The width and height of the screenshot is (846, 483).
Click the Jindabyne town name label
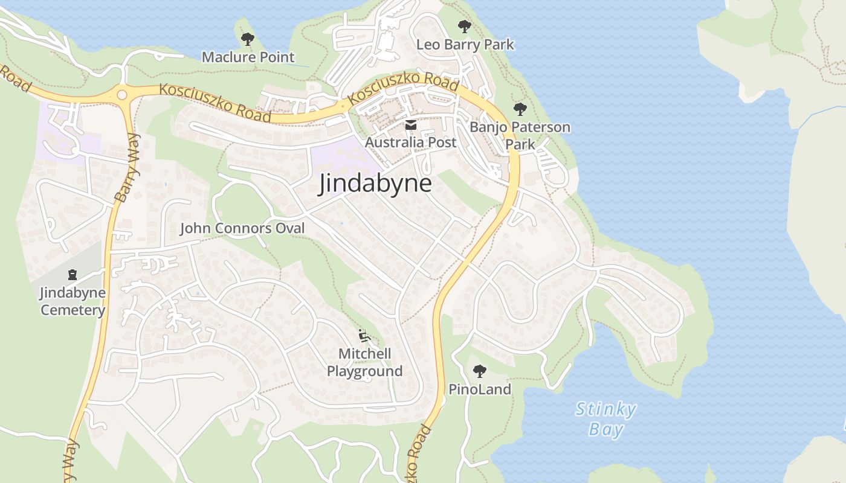[x=375, y=184]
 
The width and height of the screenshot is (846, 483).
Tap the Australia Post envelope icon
[x=411, y=125]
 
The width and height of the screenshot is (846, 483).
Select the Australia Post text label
[x=411, y=142]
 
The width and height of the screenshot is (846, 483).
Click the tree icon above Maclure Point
[x=247, y=40]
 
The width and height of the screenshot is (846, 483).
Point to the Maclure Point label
[x=248, y=57]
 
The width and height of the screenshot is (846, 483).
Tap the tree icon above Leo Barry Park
[x=464, y=27]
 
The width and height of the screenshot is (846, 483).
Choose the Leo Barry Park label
[x=465, y=45]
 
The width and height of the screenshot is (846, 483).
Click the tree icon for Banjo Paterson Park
[x=520, y=109]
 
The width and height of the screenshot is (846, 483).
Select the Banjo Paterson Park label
[x=520, y=136]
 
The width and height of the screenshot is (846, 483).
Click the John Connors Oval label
[x=242, y=228]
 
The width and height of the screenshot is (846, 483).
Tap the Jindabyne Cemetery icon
[x=73, y=275]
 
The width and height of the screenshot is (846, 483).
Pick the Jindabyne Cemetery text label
[x=73, y=301]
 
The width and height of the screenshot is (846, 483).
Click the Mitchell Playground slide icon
[x=364, y=336]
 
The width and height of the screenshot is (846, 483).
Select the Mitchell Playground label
[x=364, y=362]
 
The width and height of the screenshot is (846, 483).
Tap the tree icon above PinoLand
[x=480, y=371]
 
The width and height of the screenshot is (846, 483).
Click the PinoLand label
[x=480, y=389]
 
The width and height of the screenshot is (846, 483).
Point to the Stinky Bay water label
[x=605, y=419]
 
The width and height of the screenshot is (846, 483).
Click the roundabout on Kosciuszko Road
[x=122, y=95]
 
